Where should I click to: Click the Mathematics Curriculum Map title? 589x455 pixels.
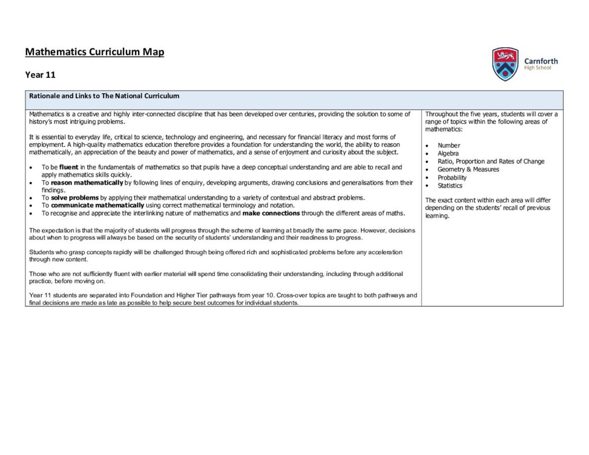point(94,52)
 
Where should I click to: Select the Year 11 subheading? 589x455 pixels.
point(40,74)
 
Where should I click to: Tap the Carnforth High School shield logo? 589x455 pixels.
point(505,64)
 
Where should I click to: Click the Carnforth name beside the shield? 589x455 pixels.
point(541,61)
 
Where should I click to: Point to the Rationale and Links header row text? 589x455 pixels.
point(104,96)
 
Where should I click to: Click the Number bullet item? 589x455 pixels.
point(449,146)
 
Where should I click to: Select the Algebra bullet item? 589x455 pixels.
point(448,154)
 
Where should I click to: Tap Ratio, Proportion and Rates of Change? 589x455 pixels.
point(491,162)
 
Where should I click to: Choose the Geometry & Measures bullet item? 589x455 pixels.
point(468,170)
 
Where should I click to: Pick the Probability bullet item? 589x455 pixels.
point(452,178)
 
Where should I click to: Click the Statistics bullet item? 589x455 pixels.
point(450,186)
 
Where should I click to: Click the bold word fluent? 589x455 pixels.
point(68,167)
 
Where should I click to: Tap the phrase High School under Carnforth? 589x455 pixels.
point(537,68)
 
